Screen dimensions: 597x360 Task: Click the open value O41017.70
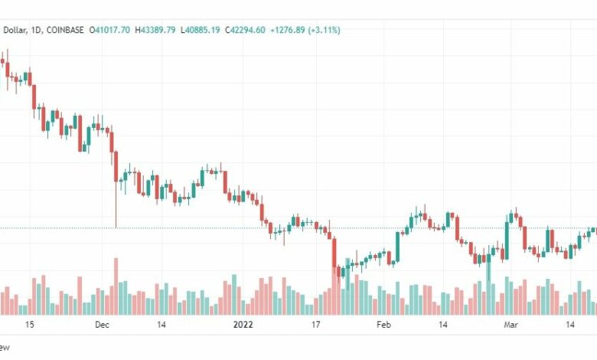109,30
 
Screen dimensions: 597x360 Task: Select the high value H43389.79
155,30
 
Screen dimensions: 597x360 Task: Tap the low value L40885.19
200,30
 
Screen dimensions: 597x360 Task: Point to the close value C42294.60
245,30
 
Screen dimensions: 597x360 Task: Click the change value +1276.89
288,30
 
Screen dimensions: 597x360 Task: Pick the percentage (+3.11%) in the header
324,30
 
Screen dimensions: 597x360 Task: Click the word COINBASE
65,30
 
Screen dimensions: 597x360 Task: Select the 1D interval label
36,31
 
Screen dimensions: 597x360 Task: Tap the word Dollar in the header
15,31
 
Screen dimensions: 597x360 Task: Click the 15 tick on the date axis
29,325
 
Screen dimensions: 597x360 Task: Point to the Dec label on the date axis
102,325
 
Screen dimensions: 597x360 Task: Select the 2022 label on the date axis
243,325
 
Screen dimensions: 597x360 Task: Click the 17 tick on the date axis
315,325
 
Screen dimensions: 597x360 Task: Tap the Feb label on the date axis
383,325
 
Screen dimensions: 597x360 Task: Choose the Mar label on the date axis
511,325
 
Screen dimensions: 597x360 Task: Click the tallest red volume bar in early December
116,286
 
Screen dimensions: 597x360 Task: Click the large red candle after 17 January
334,253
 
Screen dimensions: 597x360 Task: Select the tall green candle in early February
398,247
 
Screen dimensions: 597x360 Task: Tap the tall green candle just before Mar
507,241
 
